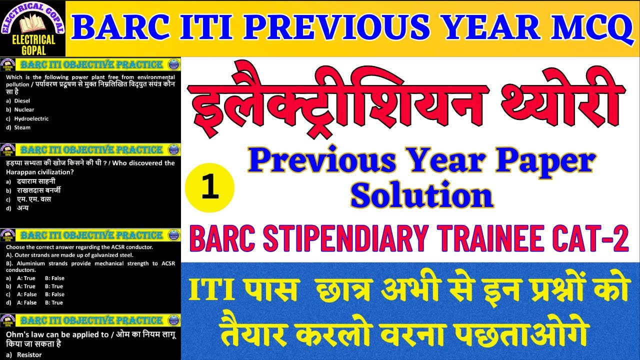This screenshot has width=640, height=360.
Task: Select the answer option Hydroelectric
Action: [x=31, y=118]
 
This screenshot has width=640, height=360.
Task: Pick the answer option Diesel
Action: [x=22, y=100]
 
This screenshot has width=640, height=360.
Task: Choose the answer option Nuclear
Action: [x=24, y=109]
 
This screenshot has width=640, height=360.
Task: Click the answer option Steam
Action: [x=22, y=127]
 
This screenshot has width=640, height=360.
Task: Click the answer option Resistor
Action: [x=29, y=354]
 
